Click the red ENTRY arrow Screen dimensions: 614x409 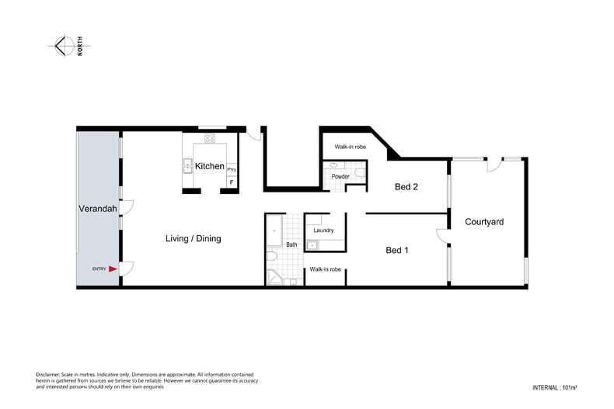coord(113,269)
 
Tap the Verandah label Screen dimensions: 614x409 coord(98,209)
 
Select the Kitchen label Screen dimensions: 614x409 coord(210,166)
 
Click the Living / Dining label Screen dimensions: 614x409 coord(193,238)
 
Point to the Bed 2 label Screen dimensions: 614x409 coord(406,187)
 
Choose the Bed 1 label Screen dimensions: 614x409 coord(397,250)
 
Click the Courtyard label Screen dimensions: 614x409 coord(484,222)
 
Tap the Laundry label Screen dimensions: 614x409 coord(323,230)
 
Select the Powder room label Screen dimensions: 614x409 coord(340,177)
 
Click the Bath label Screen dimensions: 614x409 coord(291,244)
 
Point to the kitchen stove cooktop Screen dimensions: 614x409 coord(210,138)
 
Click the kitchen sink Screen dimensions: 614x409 coord(187,166)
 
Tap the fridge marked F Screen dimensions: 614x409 coord(232,182)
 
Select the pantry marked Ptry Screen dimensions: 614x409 coord(232,170)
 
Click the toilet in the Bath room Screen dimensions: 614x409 coord(272,257)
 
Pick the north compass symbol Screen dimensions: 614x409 coord(65,46)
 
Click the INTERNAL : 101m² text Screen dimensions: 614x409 coord(554,388)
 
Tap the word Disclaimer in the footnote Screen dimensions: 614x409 coord(47,375)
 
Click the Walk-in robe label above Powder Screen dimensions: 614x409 coord(351,147)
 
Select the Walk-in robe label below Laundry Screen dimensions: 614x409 coord(326,269)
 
